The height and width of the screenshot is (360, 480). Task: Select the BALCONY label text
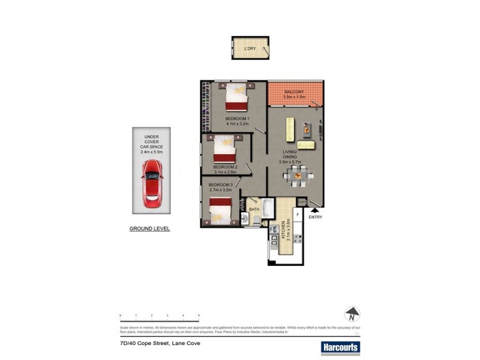295,91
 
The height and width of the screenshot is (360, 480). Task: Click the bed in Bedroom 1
236,97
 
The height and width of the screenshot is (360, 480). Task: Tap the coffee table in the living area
305,128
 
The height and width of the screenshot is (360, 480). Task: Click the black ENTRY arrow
314,209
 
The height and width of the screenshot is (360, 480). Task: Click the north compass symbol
352,314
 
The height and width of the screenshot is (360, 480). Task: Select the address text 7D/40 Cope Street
159,344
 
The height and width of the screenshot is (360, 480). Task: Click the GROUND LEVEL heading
149,229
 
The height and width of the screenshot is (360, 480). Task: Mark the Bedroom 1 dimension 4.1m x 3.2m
236,124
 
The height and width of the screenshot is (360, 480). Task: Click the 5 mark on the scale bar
199,315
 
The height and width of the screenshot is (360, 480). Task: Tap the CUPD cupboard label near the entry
302,202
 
